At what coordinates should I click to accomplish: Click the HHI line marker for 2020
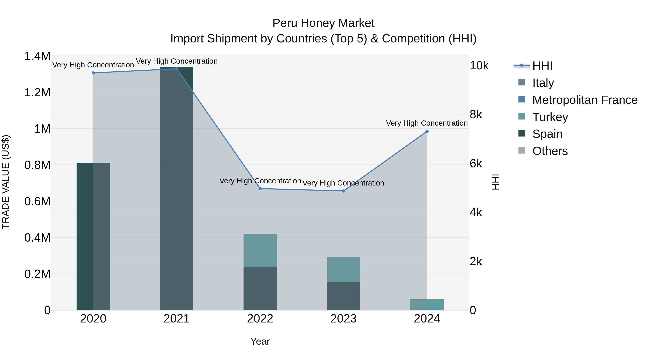(93, 73)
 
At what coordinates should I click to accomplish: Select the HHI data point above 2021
(176, 69)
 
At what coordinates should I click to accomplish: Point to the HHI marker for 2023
(344, 191)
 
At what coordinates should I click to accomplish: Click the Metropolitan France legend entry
(584, 100)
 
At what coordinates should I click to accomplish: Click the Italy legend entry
(543, 83)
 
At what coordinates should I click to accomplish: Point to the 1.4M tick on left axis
(37, 56)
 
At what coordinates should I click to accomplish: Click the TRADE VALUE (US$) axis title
(6, 182)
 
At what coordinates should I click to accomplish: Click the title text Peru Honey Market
(323, 23)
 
